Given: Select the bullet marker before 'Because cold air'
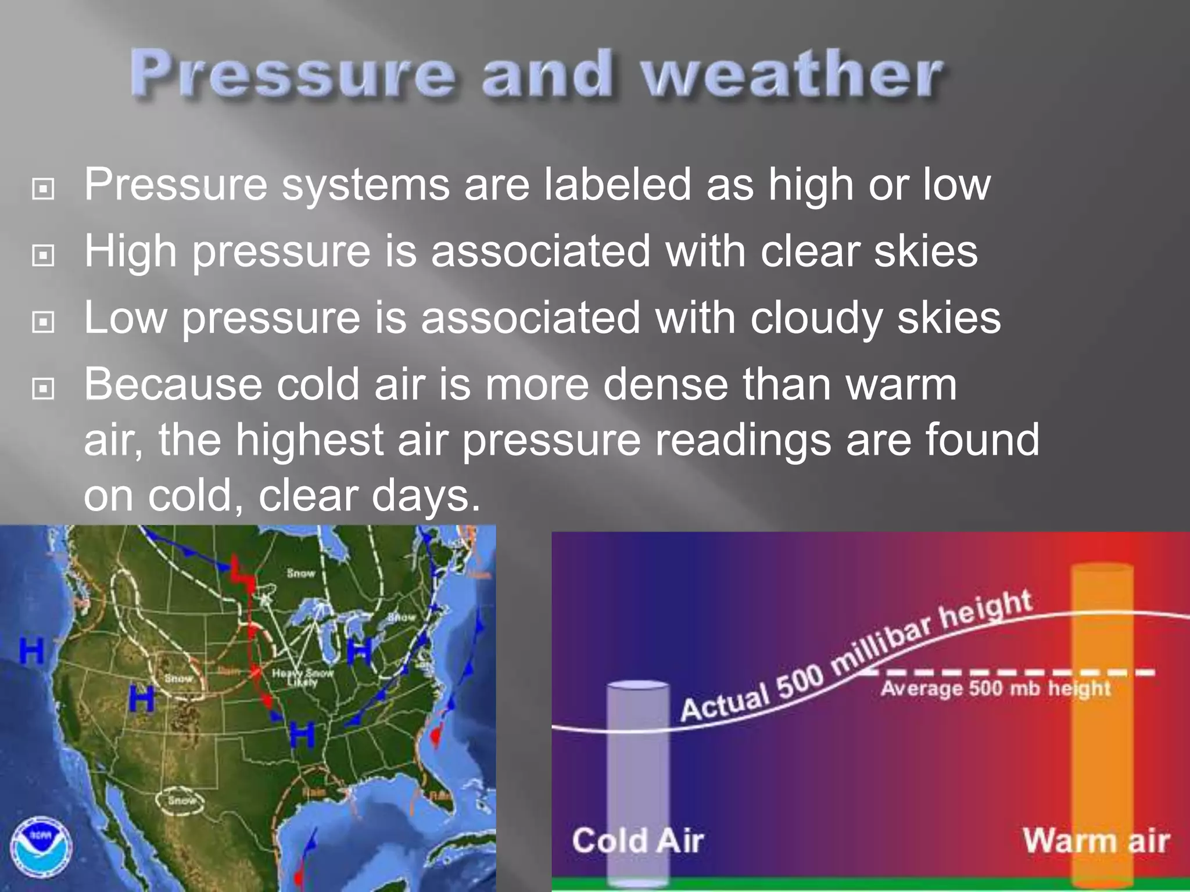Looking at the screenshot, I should (x=44, y=389).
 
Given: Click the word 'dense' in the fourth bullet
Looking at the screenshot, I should (x=665, y=385).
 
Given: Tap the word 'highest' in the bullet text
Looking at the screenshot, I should (x=309, y=440).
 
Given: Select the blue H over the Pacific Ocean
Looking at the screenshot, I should (x=31, y=650).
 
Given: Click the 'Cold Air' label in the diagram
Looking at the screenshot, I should (x=637, y=841).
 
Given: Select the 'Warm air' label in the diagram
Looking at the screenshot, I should (x=1096, y=841).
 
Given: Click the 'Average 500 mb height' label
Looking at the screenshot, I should (x=995, y=689).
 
